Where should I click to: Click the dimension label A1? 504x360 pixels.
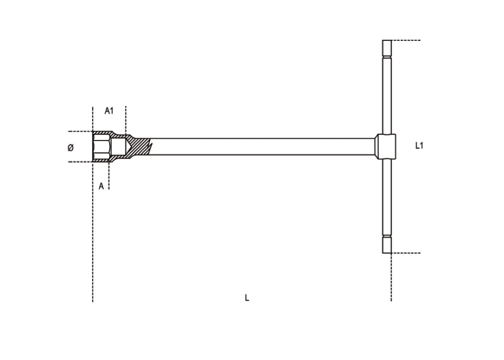point(109,111)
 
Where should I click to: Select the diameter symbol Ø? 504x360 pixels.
point(71,148)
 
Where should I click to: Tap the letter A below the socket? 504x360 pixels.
point(101,186)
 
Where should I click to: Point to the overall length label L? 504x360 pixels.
point(247,298)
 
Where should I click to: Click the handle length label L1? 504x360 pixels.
point(420,146)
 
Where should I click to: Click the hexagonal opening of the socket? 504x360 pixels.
point(101,147)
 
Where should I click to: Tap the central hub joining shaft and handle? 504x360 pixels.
point(386,146)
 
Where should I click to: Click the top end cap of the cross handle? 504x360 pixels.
point(387,48)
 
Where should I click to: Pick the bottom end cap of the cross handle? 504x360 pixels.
point(387,245)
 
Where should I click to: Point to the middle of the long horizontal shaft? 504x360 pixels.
point(265,147)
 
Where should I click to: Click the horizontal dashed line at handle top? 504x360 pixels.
point(406,40)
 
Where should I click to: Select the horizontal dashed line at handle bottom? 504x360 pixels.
point(406,253)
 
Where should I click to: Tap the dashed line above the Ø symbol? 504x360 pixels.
point(79,132)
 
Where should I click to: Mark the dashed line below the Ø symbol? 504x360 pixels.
point(79,162)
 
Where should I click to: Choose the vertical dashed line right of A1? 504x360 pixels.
point(126,120)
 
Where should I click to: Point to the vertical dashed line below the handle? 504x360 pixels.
point(391,277)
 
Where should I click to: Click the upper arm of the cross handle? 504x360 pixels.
point(387,95)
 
